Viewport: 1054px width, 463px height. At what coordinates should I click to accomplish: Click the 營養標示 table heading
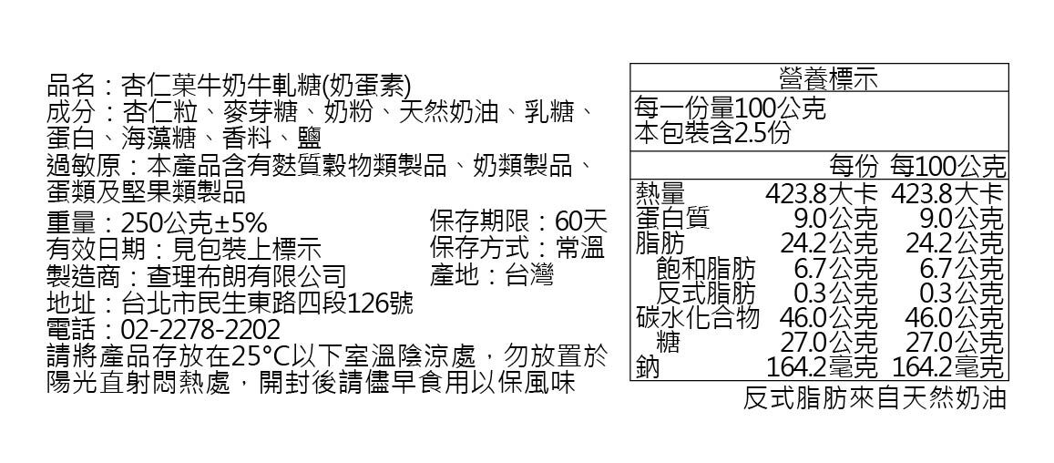(818, 78)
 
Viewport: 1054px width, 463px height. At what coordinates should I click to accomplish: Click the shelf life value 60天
(580, 221)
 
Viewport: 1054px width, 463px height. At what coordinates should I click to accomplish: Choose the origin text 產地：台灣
(491, 274)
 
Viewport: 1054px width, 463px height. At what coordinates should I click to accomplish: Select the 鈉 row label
(647, 367)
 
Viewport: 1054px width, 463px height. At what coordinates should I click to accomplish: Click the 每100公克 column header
(948, 167)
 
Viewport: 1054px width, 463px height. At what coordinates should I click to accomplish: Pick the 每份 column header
(854, 167)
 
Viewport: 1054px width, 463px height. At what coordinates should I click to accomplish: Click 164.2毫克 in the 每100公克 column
(947, 367)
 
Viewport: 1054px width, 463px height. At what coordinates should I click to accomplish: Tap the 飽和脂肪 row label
(706, 269)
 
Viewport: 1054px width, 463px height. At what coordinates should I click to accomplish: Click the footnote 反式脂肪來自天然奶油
(875, 399)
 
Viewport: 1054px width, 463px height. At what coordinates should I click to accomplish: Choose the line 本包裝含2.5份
(712, 133)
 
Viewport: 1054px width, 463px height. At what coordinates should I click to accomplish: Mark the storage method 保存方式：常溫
(517, 248)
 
